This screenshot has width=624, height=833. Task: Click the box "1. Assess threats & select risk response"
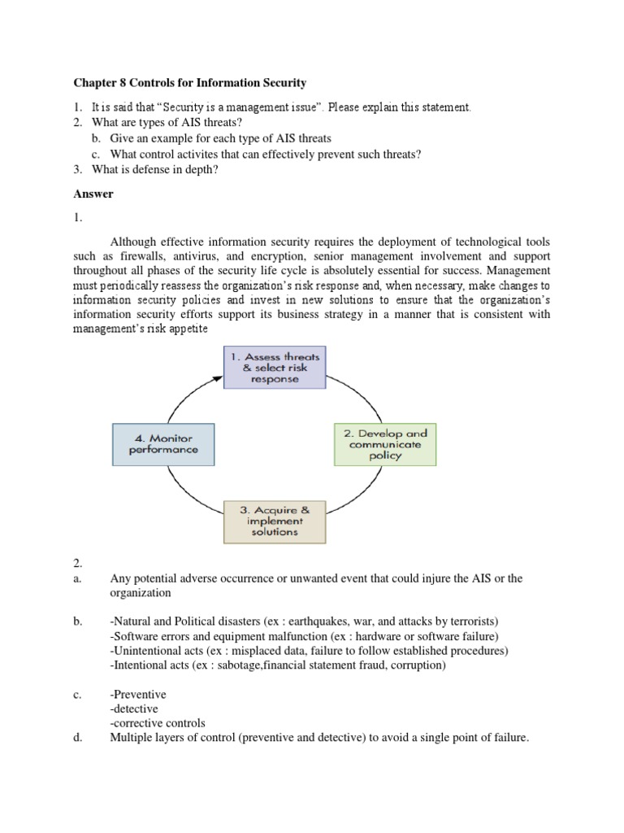click(x=275, y=368)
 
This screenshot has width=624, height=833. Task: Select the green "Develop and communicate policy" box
click(x=385, y=443)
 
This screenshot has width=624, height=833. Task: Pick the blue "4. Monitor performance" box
click(x=162, y=443)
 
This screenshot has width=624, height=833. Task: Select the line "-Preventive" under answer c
click(x=138, y=695)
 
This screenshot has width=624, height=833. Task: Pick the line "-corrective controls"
click(x=158, y=723)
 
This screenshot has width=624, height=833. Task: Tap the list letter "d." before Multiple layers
click(x=78, y=738)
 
